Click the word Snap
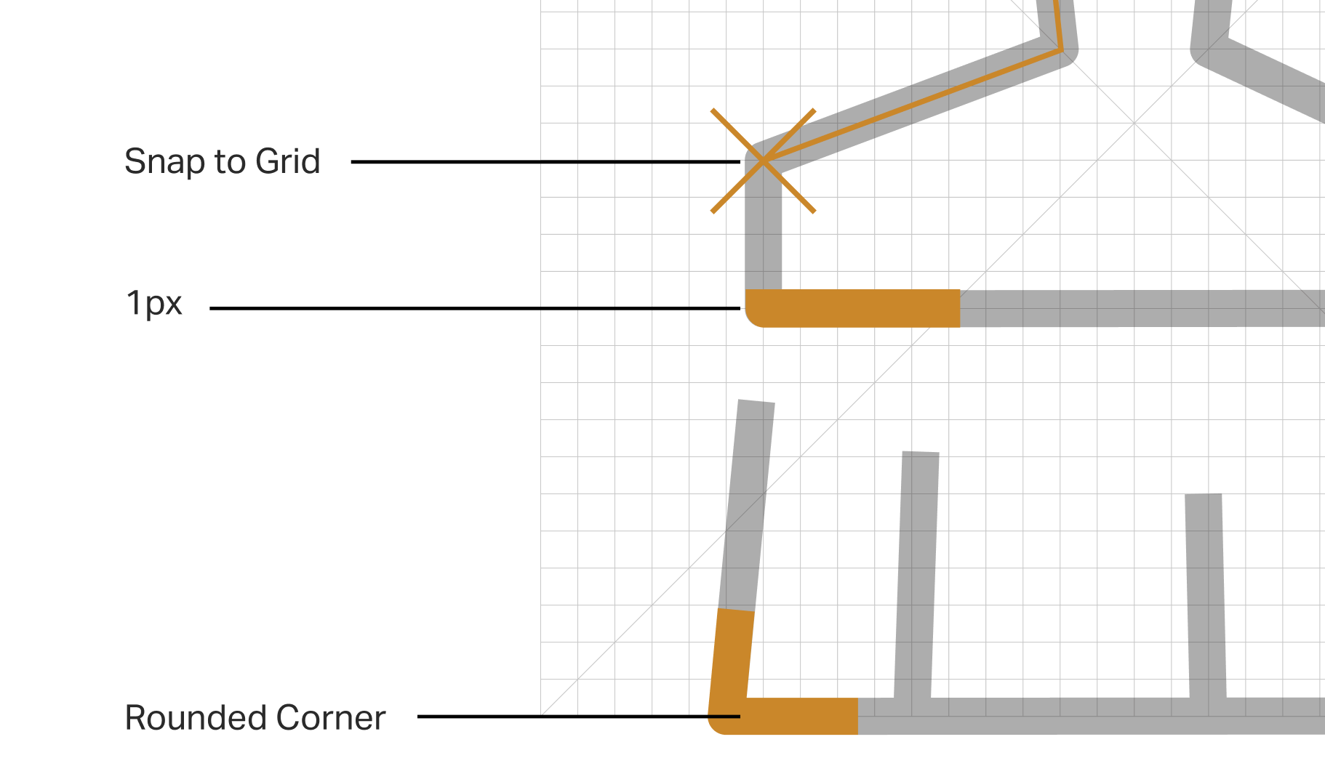[165, 161]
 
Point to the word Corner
[330, 718]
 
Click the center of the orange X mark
[763, 161]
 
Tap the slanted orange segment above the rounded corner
[731, 654]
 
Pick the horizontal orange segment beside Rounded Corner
[800, 717]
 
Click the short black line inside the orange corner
[724, 717]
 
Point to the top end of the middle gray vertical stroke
[921, 454]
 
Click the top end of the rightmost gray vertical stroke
[1204, 497]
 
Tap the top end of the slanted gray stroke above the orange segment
[756, 403]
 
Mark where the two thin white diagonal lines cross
[1134, 124]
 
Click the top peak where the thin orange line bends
[1062, 49]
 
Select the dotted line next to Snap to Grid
[633, 161]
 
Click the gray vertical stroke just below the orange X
[764, 233]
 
